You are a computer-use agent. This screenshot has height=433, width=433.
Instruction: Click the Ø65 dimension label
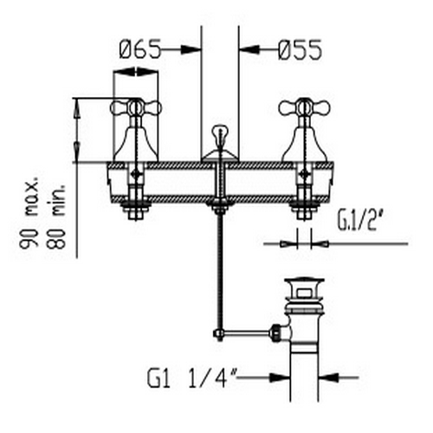[x=139, y=49]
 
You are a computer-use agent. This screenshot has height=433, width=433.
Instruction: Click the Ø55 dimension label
[x=300, y=50]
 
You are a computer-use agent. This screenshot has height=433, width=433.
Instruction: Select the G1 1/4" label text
[x=191, y=378]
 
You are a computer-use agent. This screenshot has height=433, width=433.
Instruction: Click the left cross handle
[x=136, y=108]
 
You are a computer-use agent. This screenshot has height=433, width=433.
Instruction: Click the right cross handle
[x=304, y=108]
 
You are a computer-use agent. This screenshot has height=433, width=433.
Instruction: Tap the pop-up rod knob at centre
[x=220, y=132]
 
